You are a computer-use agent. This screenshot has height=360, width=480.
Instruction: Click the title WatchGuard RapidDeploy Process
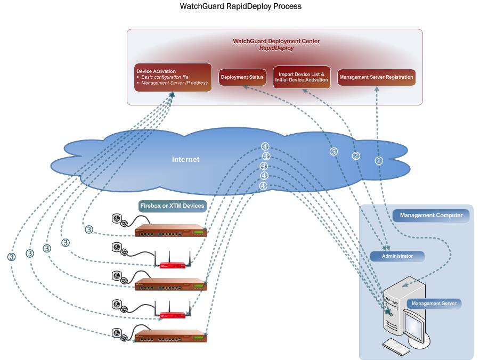240,7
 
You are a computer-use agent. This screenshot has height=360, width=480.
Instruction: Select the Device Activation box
172,77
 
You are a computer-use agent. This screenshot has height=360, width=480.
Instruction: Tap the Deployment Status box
242,77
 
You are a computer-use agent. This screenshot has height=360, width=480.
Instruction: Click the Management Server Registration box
376,77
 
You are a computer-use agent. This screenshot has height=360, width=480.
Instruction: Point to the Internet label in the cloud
185,159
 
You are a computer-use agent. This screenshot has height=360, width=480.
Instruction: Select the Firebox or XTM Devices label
172,206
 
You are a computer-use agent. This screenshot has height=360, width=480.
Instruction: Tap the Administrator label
397,256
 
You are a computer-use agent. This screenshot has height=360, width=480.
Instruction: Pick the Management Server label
434,304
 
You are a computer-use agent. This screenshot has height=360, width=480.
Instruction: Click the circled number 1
379,160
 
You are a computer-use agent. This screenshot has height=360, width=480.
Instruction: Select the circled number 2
356,156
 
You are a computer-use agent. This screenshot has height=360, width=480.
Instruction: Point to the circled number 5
334,152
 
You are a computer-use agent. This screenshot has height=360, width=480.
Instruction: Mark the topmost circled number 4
265,146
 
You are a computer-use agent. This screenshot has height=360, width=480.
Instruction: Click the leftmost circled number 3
12,256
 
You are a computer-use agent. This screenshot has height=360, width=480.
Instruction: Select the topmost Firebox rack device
170,231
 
